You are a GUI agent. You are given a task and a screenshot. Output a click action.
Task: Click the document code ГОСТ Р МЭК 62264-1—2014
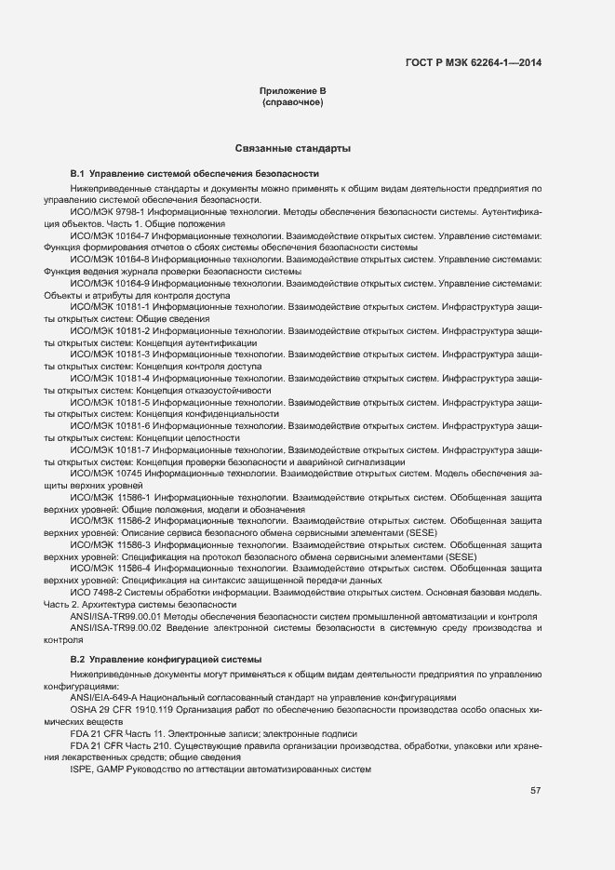(x=475, y=63)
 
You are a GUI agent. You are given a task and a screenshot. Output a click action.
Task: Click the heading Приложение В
(x=292, y=90)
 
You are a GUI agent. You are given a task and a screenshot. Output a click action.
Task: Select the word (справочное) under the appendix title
(x=292, y=101)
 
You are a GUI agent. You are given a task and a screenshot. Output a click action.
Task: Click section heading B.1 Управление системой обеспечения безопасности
(x=194, y=174)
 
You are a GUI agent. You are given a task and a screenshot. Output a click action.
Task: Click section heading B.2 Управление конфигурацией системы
(x=167, y=658)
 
